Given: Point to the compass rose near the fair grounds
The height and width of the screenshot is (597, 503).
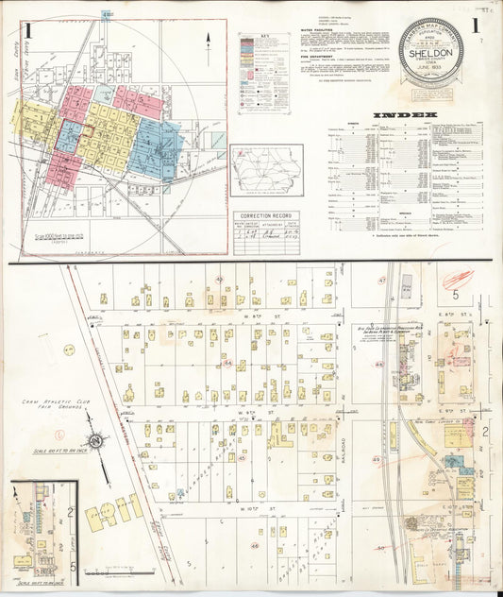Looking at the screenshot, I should (96, 441).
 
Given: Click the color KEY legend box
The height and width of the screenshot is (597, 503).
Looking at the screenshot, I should (263, 73).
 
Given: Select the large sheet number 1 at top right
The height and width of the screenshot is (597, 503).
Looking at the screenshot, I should (478, 26).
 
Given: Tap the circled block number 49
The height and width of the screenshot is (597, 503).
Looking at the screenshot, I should (376, 460).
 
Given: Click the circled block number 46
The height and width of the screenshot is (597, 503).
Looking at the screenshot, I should (255, 545).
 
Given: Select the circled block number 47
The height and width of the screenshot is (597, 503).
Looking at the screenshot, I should (382, 281).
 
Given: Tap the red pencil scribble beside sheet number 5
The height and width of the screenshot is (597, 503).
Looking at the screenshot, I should (458, 279).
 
